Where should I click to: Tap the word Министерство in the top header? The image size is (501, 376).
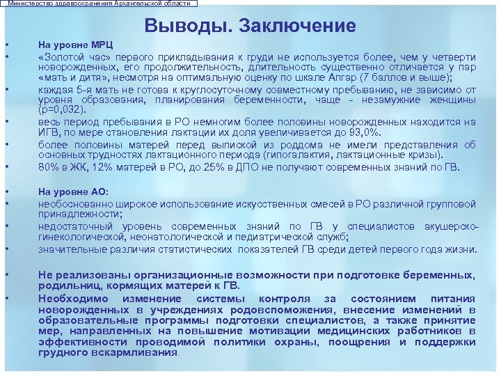pyautogui.click(x=30, y=3)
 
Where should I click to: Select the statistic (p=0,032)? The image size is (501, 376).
pyautogui.click(x=63, y=109)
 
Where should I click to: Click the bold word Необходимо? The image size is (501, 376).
pyautogui.click(x=72, y=299)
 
